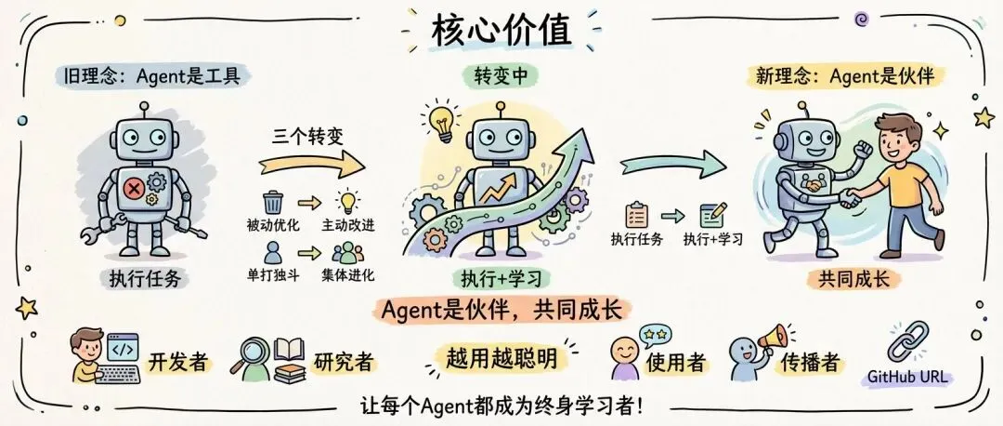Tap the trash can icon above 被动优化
click(273, 202)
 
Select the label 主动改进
click(348, 226)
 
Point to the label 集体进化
click(348, 275)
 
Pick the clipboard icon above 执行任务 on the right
click(637, 215)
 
